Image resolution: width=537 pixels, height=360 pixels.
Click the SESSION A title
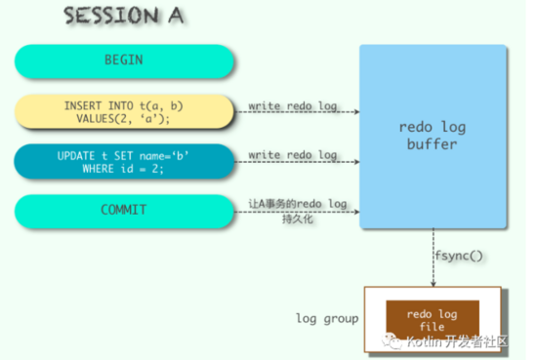pyautogui.click(x=125, y=18)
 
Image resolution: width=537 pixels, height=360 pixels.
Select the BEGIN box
pyautogui.click(x=124, y=60)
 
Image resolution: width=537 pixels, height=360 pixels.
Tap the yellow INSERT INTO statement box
pyautogui.click(x=124, y=111)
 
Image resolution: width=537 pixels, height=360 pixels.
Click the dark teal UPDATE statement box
pyautogui.click(x=124, y=162)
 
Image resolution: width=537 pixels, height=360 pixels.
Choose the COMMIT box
pyautogui.click(x=124, y=211)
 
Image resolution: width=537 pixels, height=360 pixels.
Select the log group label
pyautogui.click(x=328, y=319)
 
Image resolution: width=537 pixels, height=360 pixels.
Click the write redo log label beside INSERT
pyautogui.click(x=293, y=103)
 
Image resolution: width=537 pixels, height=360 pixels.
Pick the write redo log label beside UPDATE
pyautogui.click(x=293, y=155)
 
